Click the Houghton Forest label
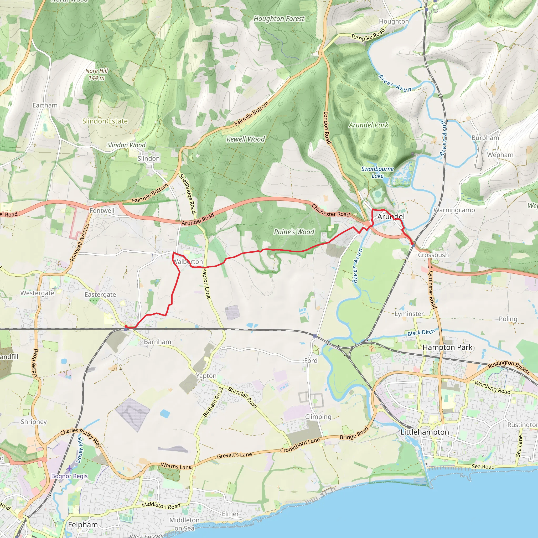pyautogui.click(x=279, y=19)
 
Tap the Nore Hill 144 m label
pyautogui.click(x=96, y=74)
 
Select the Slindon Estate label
pyautogui.click(x=105, y=121)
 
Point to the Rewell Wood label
pyautogui.click(x=246, y=139)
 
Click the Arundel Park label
pyautogui.click(x=368, y=125)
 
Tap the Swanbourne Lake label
pyautogui.click(x=377, y=172)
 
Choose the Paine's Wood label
pyautogui.click(x=294, y=232)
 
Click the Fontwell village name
pyautogui.click(x=102, y=210)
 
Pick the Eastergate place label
pyautogui.click(x=100, y=295)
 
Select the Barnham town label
pyautogui.click(x=158, y=342)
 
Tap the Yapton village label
pyautogui.click(x=206, y=376)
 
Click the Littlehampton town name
pyautogui.click(x=425, y=432)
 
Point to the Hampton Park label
pyautogui.click(x=447, y=347)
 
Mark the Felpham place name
pyautogui.click(x=83, y=525)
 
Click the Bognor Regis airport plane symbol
pyautogui.click(x=69, y=469)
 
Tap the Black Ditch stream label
pyautogui.click(x=421, y=333)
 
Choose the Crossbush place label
pyautogui.click(x=433, y=255)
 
